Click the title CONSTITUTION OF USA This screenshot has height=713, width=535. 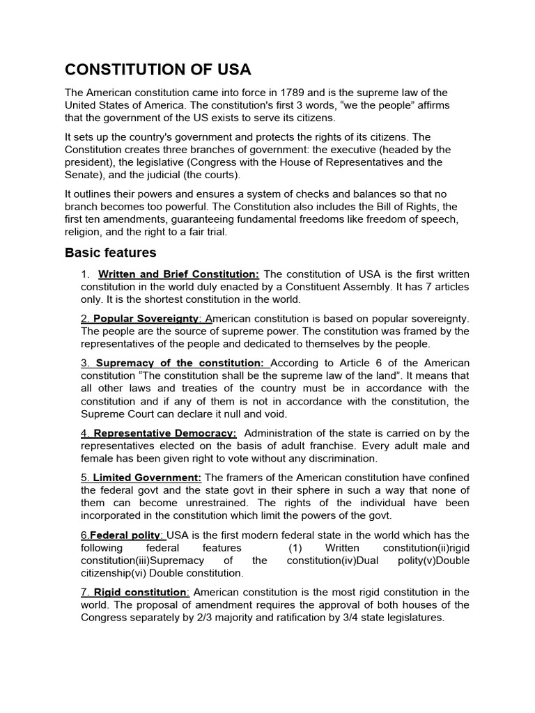pyautogui.click(x=158, y=70)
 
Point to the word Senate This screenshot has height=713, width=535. pyautogui.click(x=82, y=174)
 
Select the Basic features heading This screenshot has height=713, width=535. pyautogui.click(x=110, y=252)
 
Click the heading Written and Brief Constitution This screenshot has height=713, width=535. pyautogui.click(x=179, y=274)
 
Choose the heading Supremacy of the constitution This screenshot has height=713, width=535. pyautogui.click(x=180, y=363)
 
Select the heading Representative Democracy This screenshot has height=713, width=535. pyautogui.click(x=165, y=433)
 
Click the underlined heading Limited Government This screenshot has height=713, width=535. pyautogui.click(x=147, y=477)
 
